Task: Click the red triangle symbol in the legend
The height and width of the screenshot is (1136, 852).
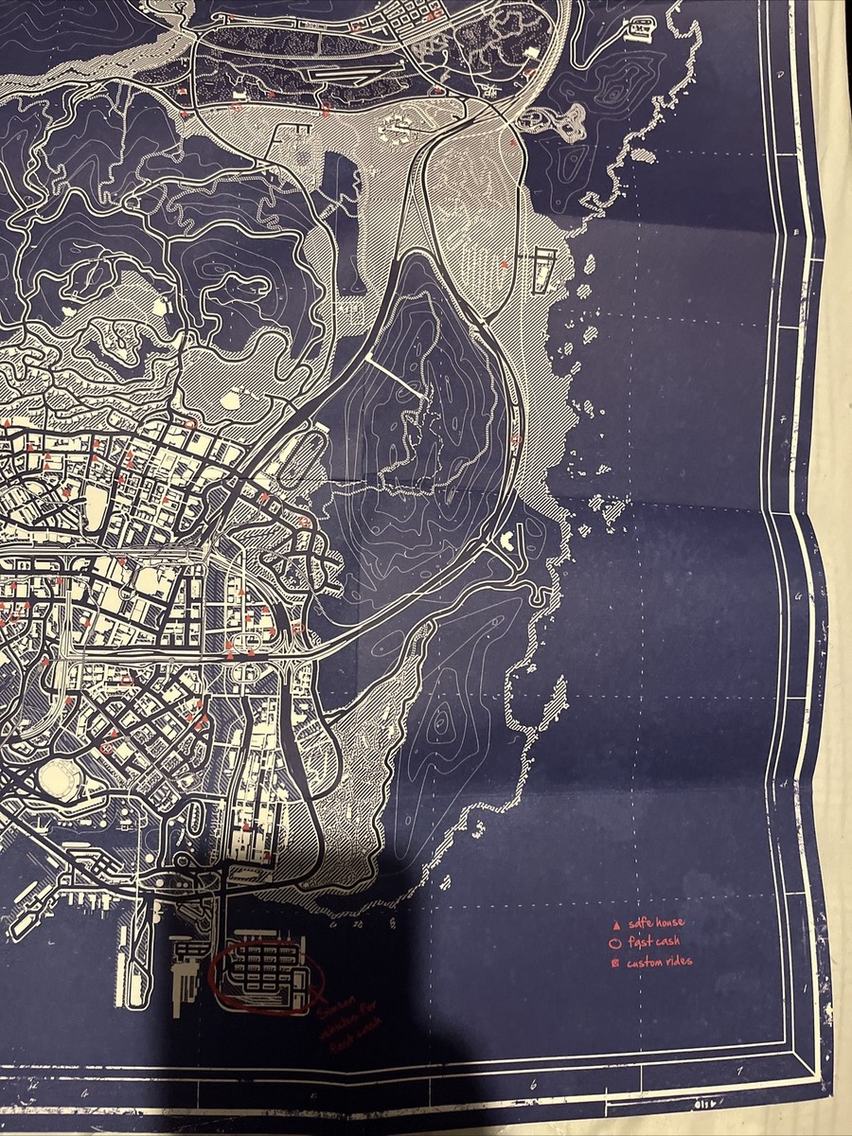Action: point(616,923)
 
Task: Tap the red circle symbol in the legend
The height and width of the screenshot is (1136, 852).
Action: point(615,943)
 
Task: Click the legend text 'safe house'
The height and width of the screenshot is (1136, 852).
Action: point(654,923)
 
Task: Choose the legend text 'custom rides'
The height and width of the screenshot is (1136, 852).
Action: point(659,962)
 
